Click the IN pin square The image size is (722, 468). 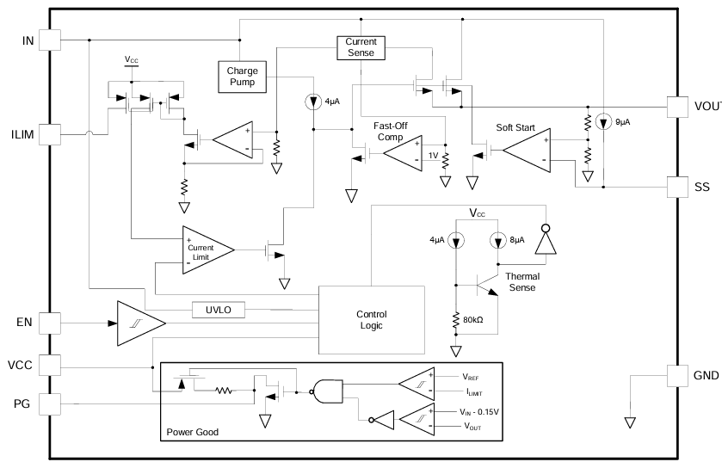[50, 40]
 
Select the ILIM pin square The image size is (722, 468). [50, 133]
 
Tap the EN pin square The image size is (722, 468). [50, 323]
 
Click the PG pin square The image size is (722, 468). [50, 403]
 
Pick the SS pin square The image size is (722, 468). [679, 186]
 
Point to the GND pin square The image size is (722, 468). [679, 375]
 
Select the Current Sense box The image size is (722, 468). [361, 47]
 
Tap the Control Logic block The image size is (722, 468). [371, 321]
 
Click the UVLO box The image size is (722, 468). [219, 308]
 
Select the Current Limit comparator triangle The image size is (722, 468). [207, 249]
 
